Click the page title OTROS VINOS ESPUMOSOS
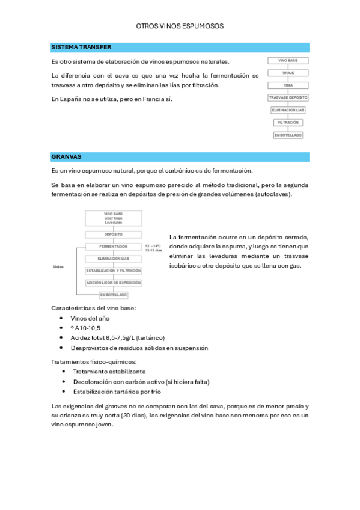180,26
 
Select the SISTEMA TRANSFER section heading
81,47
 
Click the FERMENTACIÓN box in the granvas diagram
114,247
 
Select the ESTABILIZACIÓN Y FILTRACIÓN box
114,271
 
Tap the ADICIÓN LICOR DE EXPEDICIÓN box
114,283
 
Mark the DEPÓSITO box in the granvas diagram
114,235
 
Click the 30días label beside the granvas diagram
58,267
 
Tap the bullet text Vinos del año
90,318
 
